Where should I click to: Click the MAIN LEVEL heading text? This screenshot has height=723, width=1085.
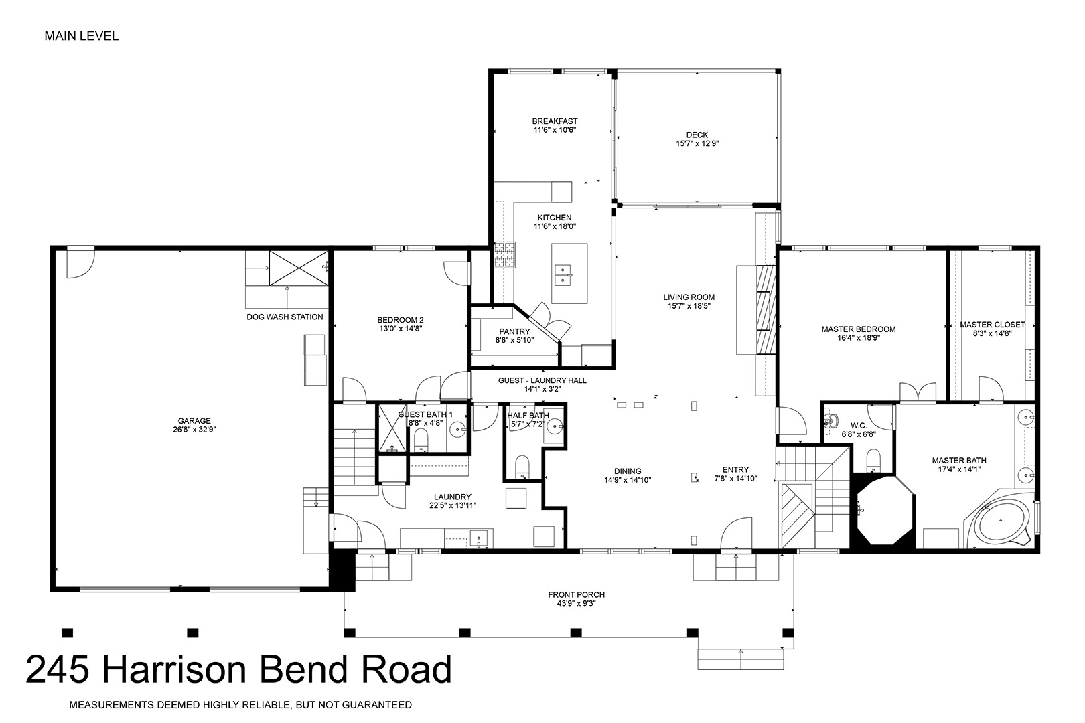point(82,36)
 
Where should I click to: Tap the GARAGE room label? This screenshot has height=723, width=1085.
point(194,421)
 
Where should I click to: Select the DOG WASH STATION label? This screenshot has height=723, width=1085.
point(285,317)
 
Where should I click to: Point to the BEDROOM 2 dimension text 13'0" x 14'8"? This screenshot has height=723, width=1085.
point(401,329)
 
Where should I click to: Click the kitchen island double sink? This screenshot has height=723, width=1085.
point(563,274)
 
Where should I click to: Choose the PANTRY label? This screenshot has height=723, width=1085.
point(514,332)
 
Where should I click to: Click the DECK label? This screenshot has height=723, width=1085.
point(697,135)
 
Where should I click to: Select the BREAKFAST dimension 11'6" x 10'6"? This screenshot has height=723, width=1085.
point(555,130)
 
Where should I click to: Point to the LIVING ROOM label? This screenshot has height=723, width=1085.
point(689,297)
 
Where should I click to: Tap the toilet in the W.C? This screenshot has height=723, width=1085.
point(873,459)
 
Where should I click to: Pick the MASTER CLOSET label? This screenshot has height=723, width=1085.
point(993,325)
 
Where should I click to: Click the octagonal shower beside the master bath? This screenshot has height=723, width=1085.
point(885,511)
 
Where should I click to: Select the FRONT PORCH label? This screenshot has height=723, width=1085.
point(577,594)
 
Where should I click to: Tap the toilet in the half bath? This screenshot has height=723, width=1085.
point(522,466)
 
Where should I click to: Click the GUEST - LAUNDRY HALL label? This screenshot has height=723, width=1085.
point(542,381)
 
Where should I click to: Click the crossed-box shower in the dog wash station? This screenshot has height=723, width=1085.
point(299,268)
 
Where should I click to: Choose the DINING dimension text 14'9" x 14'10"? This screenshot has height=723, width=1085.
point(628,480)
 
